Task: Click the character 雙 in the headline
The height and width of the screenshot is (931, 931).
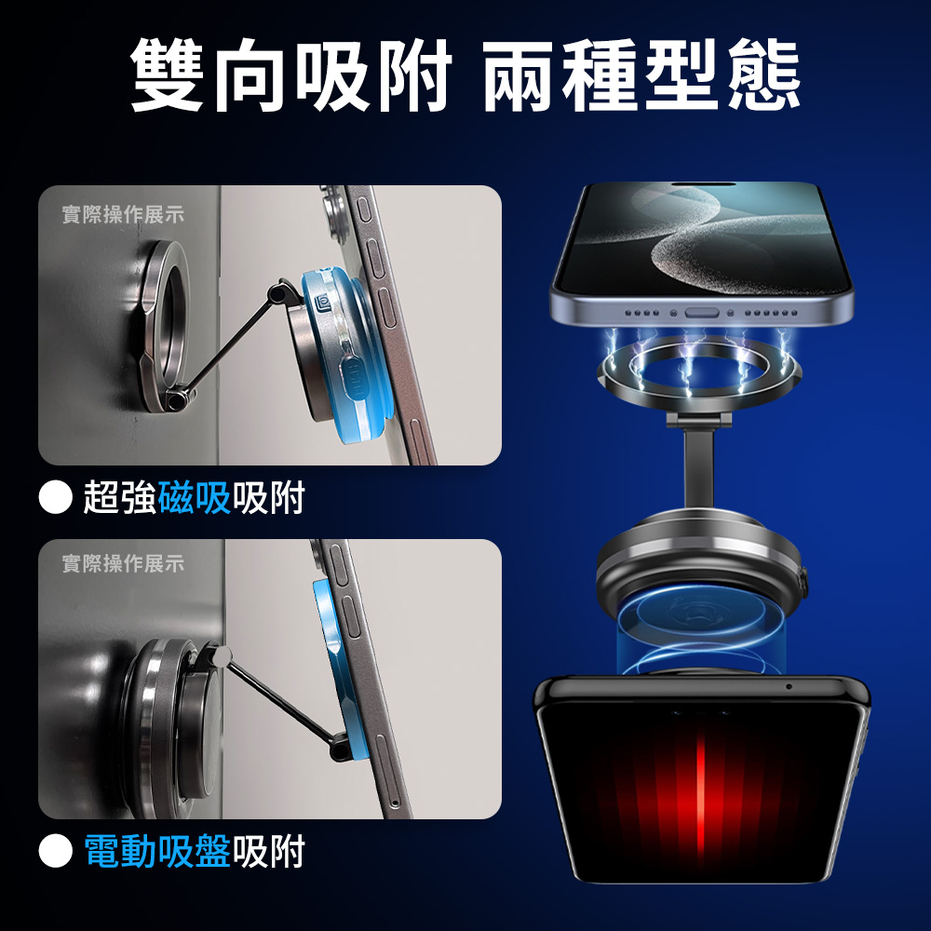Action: pos(167,75)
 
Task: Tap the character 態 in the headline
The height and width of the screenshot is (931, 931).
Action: pos(764,75)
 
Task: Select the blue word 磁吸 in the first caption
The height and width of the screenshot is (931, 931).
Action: pos(195,497)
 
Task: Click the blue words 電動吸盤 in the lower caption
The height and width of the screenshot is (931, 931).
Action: pos(157,850)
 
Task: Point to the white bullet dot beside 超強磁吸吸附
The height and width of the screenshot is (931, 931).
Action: pos(55,497)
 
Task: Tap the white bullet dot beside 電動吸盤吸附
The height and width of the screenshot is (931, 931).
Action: pos(55,850)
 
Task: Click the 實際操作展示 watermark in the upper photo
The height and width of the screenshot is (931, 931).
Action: pos(123,215)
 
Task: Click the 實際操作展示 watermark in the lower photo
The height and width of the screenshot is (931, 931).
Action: pos(123,563)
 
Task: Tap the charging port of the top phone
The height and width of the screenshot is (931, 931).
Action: pos(701,312)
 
